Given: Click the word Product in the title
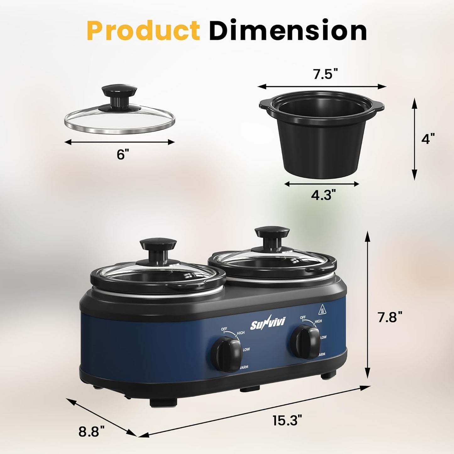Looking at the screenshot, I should click(x=143, y=30).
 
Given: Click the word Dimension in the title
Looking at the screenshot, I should click(x=288, y=30).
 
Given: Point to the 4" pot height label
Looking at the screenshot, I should click(x=428, y=139).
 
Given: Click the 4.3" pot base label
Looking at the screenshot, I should click(x=321, y=195).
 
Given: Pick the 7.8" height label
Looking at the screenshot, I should click(x=390, y=317).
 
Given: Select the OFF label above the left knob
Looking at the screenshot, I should click(x=224, y=329).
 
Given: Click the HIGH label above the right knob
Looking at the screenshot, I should click(x=318, y=321).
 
